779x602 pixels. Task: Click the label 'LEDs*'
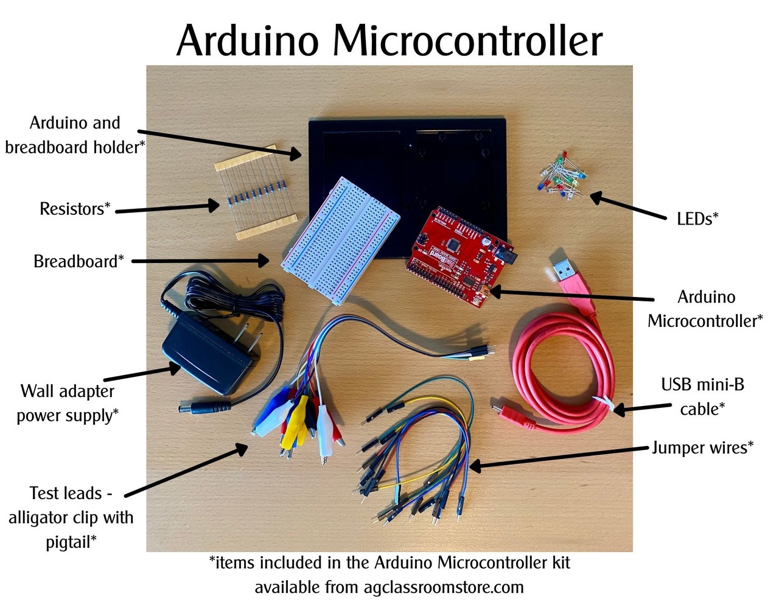coord(697,219)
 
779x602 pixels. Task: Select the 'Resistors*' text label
coord(75,209)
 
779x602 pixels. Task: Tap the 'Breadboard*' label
coord(79,262)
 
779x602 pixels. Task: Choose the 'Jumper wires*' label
coord(703,448)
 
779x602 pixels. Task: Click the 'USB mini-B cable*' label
coord(702,397)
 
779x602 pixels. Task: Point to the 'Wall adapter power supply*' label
coord(68,403)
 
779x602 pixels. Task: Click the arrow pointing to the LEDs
coord(627,207)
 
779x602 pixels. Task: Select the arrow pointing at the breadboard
coord(201,261)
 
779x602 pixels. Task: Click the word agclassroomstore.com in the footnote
coord(444,587)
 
